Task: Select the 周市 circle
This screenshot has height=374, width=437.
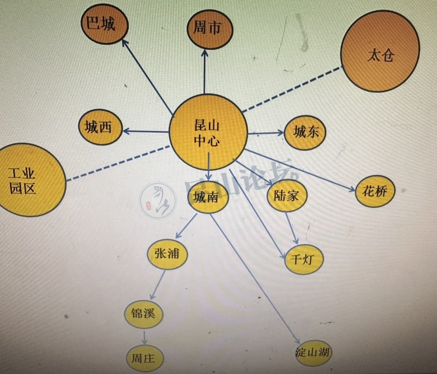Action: [x=208, y=27]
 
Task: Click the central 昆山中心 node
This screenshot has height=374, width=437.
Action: [x=208, y=132]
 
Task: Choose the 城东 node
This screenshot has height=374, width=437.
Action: [x=305, y=132]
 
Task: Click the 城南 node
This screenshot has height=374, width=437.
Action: [x=207, y=197]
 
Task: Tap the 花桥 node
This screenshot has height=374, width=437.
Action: [x=375, y=190]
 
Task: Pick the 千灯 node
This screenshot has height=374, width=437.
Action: [x=304, y=259]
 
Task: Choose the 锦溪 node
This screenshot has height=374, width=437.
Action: [x=143, y=315]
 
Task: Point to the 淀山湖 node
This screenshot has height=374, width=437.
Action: [x=313, y=353]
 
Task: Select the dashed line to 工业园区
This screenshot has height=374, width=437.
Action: [x=118, y=162]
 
